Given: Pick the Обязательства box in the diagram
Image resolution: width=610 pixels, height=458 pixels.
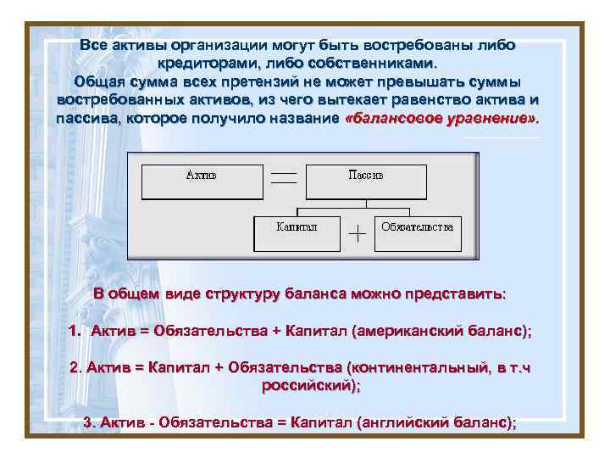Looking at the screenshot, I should tap(418, 232).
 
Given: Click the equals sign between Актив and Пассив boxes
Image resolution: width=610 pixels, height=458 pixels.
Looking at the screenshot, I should tap(284, 178).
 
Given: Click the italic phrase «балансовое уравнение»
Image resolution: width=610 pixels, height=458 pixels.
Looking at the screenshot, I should tap(442, 119).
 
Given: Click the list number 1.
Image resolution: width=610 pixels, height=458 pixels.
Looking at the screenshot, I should tap(74, 332).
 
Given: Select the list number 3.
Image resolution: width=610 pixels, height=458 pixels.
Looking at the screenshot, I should tap(87, 422).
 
